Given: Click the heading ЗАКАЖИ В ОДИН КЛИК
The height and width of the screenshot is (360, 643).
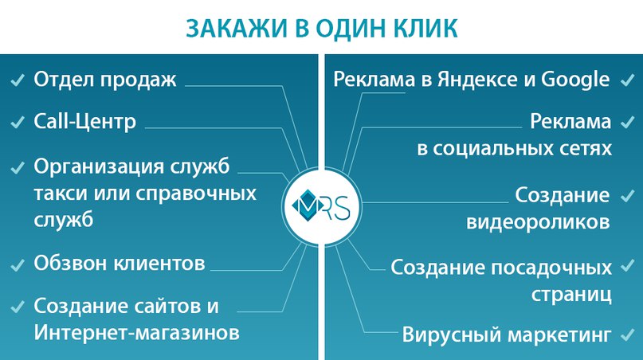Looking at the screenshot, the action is (x=322, y=29).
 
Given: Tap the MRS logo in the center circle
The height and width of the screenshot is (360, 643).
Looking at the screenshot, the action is (x=321, y=205).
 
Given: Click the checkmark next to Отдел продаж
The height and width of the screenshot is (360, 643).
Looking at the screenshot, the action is (x=18, y=80).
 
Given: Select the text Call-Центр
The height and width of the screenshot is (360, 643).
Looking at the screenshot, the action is (x=84, y=121).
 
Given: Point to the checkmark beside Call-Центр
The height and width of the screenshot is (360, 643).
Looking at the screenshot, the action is (x=18, y=122).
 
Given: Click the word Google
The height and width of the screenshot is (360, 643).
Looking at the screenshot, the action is (x=575, y=80).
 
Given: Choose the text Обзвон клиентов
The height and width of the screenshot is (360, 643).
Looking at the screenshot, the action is (x=120, y=263).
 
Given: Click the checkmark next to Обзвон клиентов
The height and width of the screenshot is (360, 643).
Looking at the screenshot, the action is (x=18, y=265).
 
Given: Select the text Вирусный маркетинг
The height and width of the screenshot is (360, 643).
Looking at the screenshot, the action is (x=507, y=335).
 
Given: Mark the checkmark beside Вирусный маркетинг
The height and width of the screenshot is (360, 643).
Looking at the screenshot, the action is (x=627, y=335).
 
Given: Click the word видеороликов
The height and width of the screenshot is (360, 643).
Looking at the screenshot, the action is (x=538, y=222).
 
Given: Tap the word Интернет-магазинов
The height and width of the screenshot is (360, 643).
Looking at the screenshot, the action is (x=136, y=332).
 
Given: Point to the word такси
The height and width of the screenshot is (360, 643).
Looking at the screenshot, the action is (x=61, y=193).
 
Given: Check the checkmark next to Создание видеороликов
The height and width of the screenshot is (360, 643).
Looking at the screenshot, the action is (x=627, y=196).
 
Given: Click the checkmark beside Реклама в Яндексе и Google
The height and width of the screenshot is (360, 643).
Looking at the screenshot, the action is (x=627, y=80).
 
